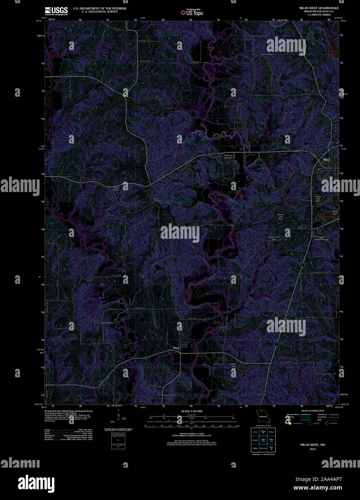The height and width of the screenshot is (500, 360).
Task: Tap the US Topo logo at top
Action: point(192,12)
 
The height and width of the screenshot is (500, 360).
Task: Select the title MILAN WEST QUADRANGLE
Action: point(319,8)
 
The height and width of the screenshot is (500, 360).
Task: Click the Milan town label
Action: point(326,159)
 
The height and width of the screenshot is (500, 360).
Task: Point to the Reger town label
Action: point(176,348)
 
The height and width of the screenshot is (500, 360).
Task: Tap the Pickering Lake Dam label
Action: point(228,156)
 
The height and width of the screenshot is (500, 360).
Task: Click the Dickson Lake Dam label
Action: point(280,217)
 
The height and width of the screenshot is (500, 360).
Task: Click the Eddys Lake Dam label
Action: point(318,198)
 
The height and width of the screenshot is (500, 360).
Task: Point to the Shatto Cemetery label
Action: point(157,200)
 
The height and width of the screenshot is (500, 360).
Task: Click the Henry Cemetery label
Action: point(170,395)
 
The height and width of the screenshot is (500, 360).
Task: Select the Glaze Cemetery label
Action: point(107,323)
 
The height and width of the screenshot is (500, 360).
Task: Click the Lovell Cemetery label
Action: point(266,54)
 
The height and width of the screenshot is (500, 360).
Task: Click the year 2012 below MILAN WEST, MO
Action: point(312,449)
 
